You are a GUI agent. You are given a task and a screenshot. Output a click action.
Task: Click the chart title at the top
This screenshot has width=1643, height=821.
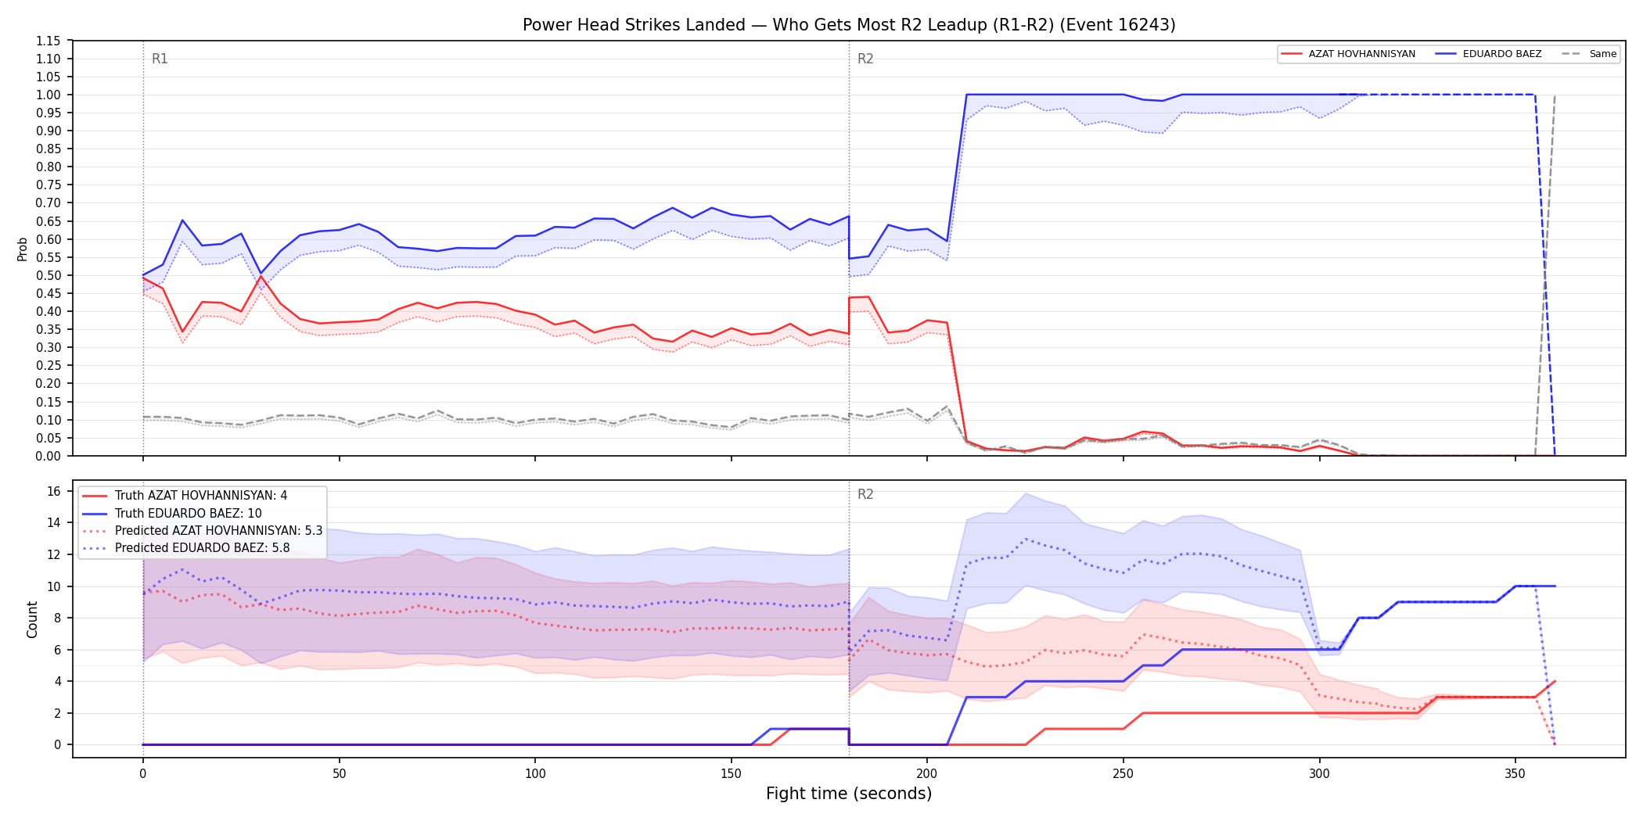click(849, 25)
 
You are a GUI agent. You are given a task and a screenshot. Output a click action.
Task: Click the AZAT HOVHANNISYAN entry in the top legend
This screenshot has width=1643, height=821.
click(1361, 54)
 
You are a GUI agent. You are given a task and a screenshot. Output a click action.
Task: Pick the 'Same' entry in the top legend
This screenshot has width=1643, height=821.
click(1602, 54)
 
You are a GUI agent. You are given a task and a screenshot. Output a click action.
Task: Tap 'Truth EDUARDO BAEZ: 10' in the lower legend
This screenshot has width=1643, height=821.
click(188, 513)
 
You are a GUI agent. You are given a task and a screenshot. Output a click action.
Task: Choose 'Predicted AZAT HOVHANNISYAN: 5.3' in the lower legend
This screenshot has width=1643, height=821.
click(218, 530)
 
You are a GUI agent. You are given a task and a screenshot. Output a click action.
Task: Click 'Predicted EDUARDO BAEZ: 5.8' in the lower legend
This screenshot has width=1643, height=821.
click(202, 547)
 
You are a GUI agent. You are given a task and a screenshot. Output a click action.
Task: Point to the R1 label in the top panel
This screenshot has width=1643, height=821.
click(160, 59)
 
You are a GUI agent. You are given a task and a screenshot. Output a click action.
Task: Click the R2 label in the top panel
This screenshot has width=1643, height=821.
click(865, 59)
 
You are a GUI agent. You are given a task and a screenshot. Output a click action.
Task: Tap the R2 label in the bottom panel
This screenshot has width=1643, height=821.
click(865, 494)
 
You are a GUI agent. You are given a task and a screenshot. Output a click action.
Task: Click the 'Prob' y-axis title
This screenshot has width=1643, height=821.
click(23, 249)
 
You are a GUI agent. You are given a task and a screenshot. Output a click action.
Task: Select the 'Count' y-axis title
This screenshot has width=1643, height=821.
click(32, 619)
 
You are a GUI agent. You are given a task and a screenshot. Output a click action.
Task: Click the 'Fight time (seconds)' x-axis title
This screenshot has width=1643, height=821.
click(849, 794)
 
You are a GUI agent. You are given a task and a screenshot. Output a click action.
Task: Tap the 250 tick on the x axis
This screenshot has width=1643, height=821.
click(1123, 774)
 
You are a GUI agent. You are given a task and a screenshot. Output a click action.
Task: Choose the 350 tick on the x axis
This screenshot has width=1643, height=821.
click(1515, 774)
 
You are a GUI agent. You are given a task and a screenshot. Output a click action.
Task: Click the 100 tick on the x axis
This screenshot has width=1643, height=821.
click(535, 774)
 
